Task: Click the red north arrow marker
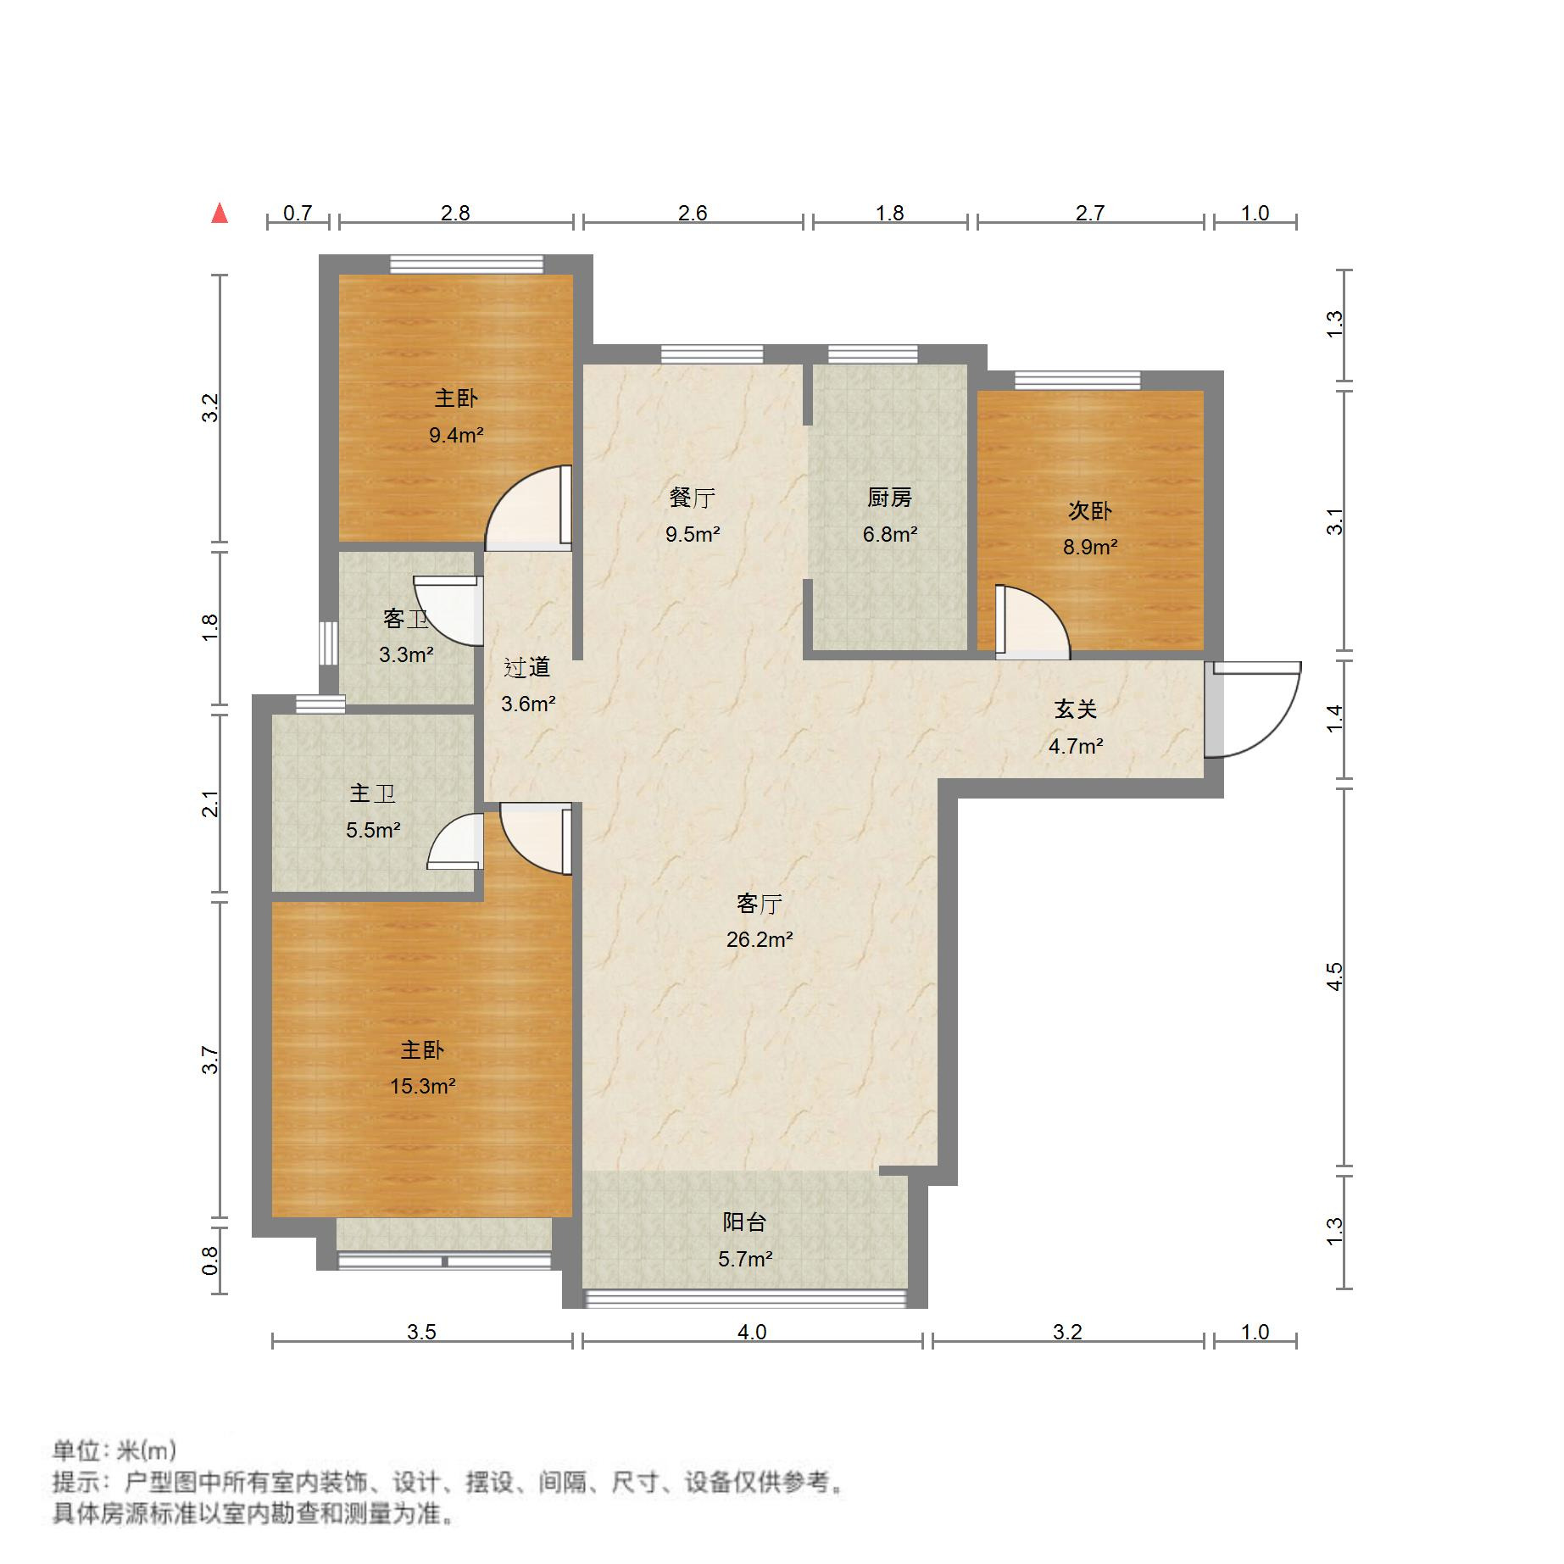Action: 220,213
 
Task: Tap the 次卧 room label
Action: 1089,511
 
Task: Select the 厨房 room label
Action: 889,498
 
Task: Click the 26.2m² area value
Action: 759,939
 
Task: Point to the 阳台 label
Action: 744,1222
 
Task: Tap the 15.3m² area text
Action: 422,1086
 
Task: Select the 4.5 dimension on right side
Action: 1334,977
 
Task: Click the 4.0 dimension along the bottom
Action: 751,1332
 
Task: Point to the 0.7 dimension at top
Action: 297,213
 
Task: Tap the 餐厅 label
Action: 692,498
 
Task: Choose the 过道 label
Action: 526,668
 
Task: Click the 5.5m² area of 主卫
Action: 373,830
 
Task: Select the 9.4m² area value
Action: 456,435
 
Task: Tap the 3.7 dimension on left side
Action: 210,1060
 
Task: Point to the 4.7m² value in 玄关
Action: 1075,746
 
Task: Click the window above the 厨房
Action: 872,354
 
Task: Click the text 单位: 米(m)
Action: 114,1450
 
